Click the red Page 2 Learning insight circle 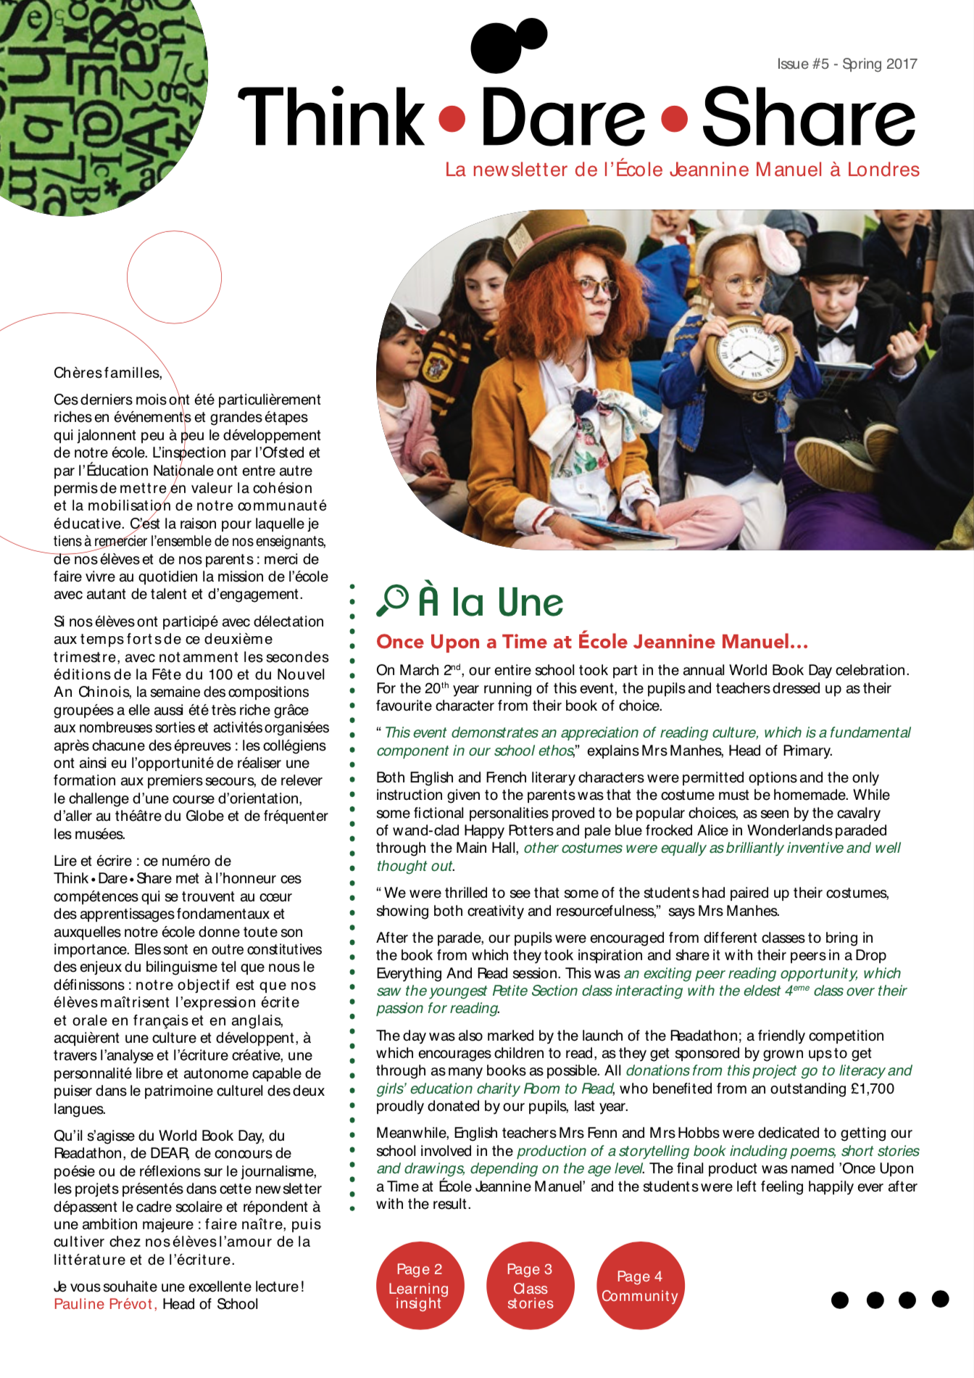pyautogui.click(x=420, y=1286)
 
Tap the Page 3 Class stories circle pyautogui.click(x=530, y=1286)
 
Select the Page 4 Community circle pyautogui.click(x=640, y=1286)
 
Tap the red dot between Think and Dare pyautogui.click(x=452, y=118)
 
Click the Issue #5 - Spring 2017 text pyautogui.click(x=846, y=64)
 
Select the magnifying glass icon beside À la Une pyautogui.click(x=393, y=601)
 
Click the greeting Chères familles pyautogui.click(x=107, y=373)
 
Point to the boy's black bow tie pyautogui.click(x=837, y=335)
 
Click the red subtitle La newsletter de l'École pyautogui.click(x=682, y=170)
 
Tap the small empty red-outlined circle pyautogui.click(x=174, y=276)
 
